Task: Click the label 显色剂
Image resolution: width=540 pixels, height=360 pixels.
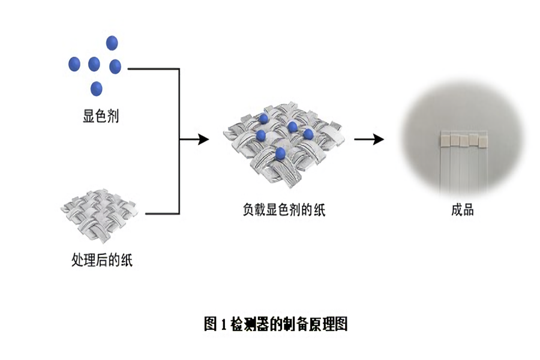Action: click(x=101, y=116)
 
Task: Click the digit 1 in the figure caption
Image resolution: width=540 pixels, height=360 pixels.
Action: click(x=223, y=325)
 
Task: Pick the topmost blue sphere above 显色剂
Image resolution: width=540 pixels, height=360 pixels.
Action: click(x=112, y=43)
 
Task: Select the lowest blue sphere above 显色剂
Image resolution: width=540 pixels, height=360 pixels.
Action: click(x=96, y=88)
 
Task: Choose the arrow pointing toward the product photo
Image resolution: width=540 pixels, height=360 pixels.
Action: click(x=369, y=140)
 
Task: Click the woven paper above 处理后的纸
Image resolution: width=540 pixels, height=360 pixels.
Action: click(x=99, y=214)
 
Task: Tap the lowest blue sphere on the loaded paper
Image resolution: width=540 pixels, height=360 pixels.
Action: click(x=280, y=154)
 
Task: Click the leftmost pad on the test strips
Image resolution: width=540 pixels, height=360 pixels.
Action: click(x=445, y=140)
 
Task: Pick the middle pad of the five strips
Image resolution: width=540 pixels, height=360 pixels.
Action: click(x=463, y=140)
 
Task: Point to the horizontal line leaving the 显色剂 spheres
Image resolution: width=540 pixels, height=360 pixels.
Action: click(x=154, y=69)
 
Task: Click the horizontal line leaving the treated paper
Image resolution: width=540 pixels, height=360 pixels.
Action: click(x=162, y=214)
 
